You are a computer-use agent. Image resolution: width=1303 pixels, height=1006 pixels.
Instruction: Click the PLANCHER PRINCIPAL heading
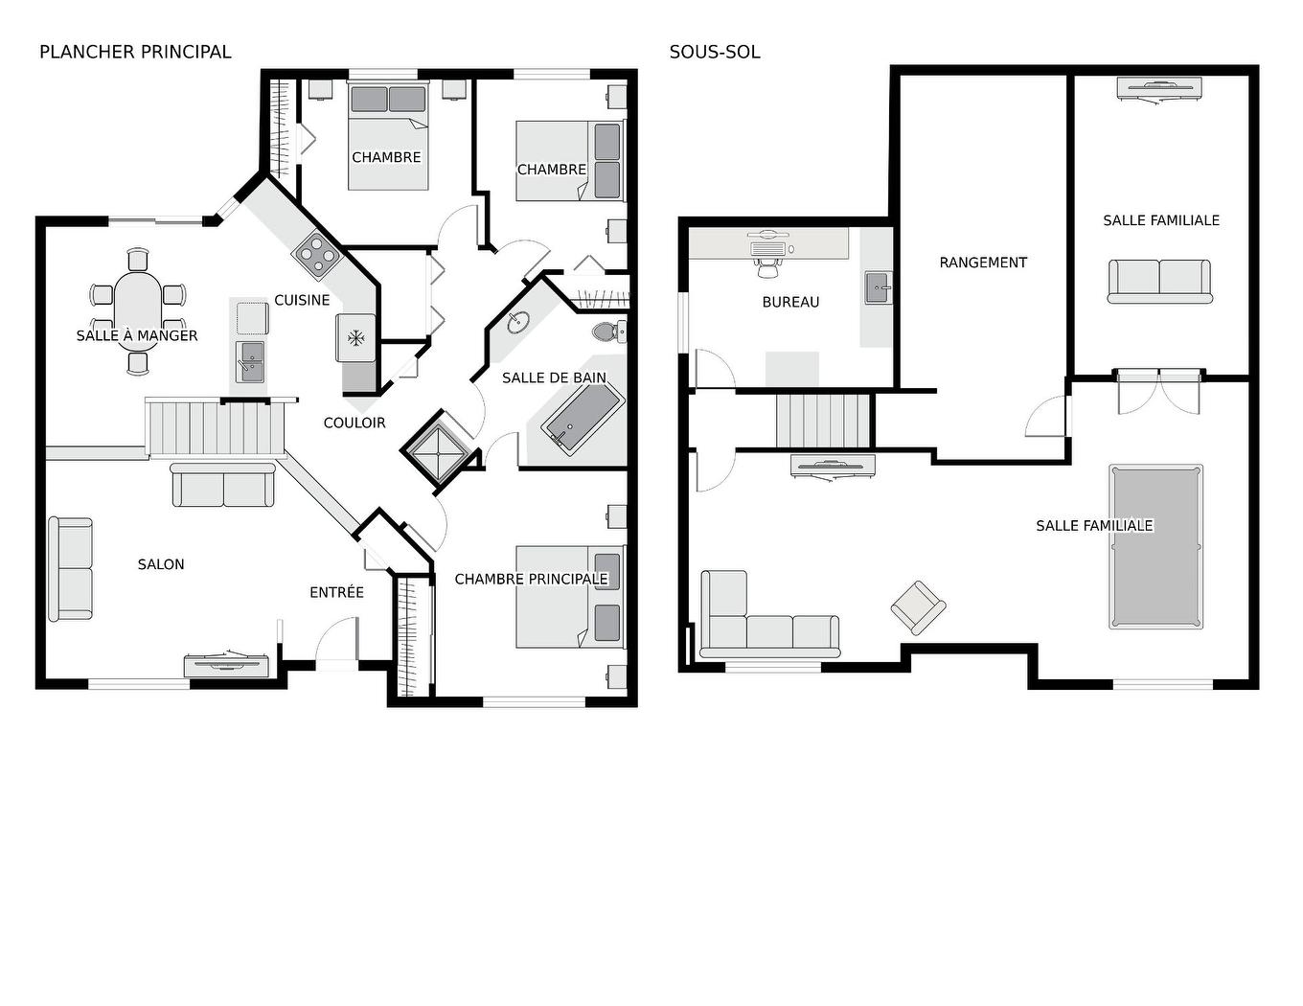point(135,52)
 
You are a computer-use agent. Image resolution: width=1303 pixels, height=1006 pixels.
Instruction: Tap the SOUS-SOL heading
point(715,52)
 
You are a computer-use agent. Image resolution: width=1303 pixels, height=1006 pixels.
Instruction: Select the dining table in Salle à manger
point(138,309)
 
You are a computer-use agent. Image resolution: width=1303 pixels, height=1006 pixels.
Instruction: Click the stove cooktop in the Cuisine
point(316,253)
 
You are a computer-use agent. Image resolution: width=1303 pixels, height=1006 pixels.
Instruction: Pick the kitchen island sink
point(250,361)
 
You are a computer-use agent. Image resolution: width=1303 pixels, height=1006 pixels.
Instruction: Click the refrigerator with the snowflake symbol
point(355,337)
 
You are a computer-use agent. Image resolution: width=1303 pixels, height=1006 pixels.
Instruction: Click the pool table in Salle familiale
point(1155,546)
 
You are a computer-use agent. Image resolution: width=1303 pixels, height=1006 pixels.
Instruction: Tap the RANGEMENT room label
point(983,263)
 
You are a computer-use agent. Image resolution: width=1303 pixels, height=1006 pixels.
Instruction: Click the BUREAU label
point(790,302)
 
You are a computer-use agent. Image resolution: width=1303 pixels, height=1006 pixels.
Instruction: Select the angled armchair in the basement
point(918,606)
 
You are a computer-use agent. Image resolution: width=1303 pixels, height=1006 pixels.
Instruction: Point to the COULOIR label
point(354,423)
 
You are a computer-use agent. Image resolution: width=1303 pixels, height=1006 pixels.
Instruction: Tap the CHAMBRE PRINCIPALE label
point(531,579)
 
